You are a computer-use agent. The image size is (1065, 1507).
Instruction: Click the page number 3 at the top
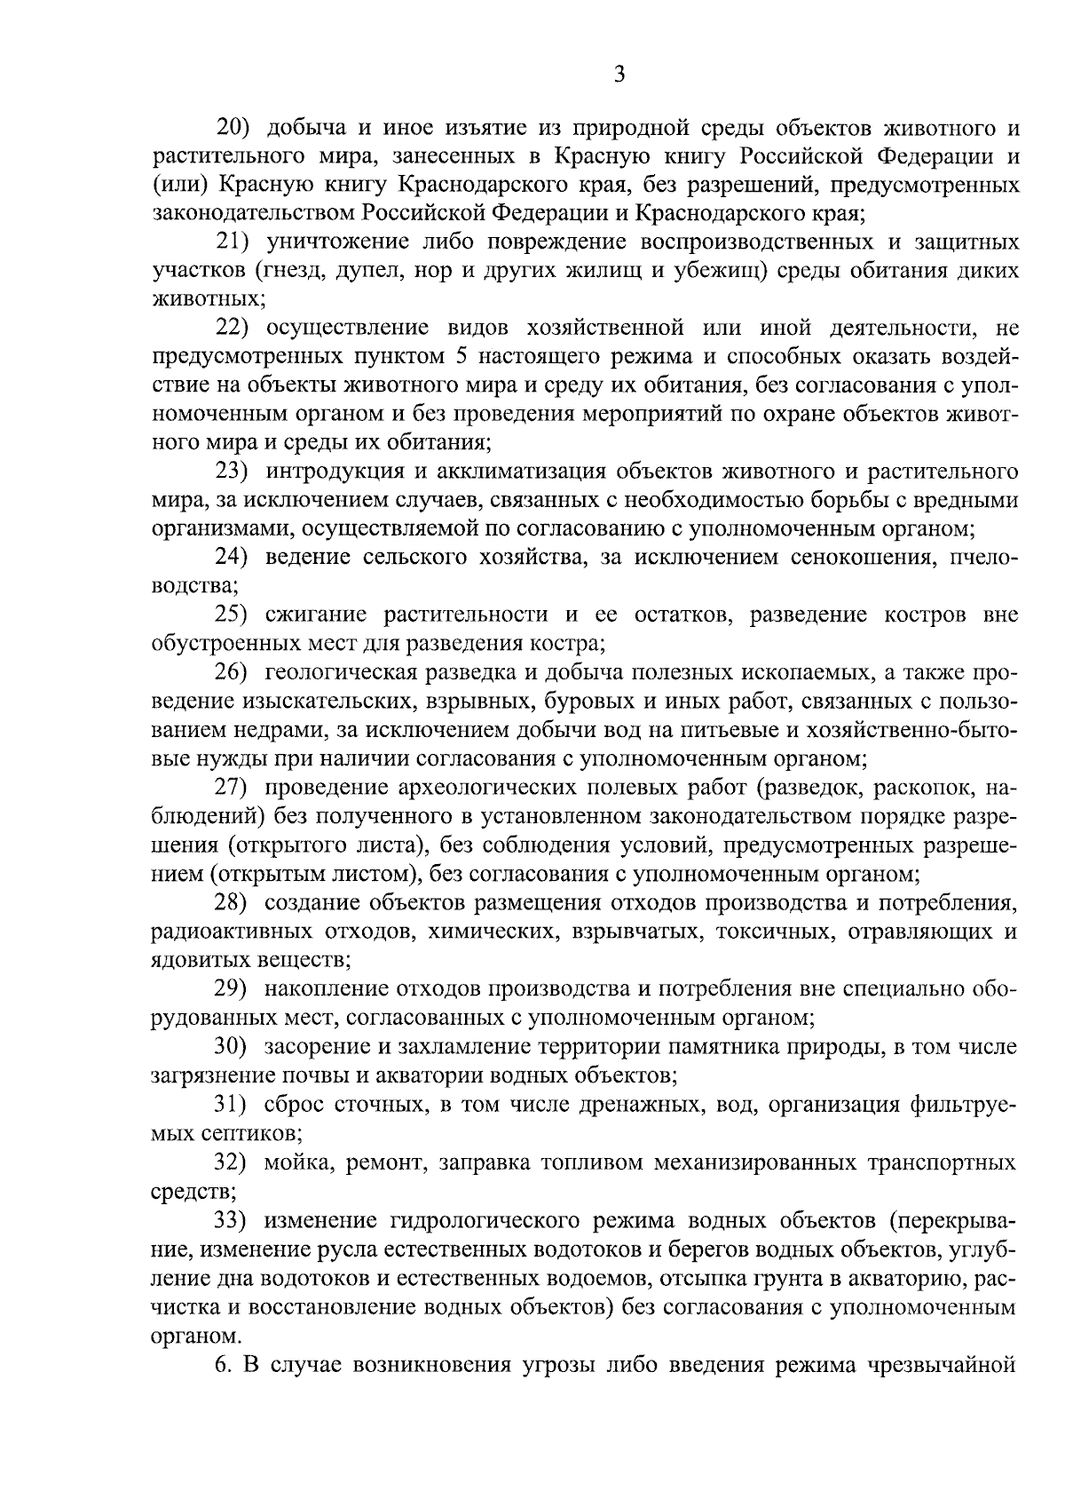tap(619, 75)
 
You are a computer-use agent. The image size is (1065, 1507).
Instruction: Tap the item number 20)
tap(237, 128)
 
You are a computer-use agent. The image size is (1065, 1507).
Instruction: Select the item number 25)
tap(237, 615)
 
